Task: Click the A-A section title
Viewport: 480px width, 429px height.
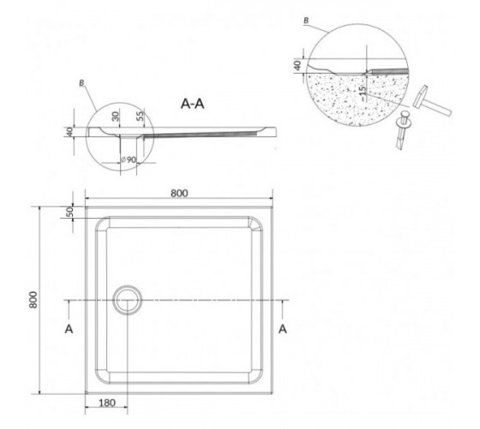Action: click(192, 104)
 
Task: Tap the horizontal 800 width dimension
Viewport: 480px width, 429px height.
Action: click(179, 193)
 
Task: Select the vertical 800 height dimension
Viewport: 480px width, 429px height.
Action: click(33, 299)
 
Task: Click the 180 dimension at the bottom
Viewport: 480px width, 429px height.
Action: click(107, 402)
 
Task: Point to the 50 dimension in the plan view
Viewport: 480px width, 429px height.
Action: click(69, 212)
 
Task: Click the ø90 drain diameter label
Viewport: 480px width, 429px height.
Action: click(129, 160)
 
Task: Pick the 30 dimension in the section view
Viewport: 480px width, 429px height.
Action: click(115, 116)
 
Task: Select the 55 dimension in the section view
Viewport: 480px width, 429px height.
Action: click(140, 116)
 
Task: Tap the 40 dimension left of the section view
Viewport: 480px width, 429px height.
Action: click(69, 132)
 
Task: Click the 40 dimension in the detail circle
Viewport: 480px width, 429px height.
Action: click(297, 65)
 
